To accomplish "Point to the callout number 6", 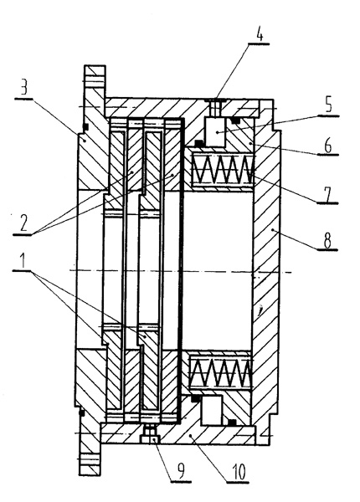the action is point(327,146).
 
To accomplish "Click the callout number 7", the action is point(327,193).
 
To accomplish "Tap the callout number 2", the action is point(23,223).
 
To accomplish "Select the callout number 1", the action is point(23,262).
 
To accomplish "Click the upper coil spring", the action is point(224,169).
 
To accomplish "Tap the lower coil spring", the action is point(219,373).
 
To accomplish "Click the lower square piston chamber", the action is point(212,410).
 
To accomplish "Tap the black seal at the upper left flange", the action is point(85,126).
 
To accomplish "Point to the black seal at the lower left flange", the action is point(81,412).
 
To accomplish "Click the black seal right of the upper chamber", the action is point(236,120).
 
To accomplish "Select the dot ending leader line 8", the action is point(273,230).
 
